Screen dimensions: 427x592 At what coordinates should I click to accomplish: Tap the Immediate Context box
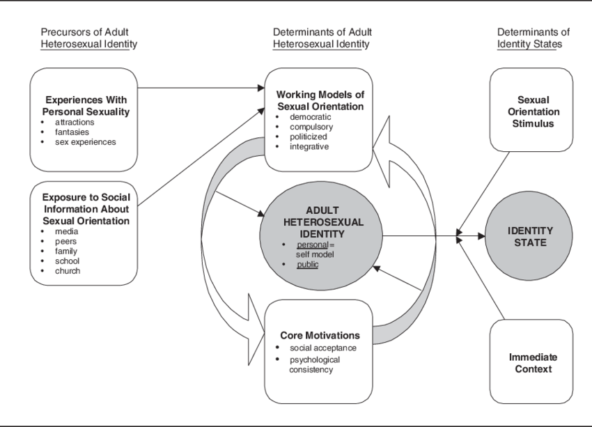[533, 363]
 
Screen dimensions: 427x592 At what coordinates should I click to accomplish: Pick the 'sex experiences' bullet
[86, 142]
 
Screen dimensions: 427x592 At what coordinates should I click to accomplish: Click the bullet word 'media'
[67, 231]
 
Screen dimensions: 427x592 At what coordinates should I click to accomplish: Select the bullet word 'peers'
[67, 241]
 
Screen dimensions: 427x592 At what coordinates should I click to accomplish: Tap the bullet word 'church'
[68, 270]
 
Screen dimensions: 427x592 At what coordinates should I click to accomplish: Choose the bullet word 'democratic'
[311, 117]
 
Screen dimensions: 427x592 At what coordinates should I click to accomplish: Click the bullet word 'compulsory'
[311, 127]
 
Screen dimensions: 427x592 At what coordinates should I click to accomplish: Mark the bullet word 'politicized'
[309, 137]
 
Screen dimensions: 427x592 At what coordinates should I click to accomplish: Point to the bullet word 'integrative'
[309, 146]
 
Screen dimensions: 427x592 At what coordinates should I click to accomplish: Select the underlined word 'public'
[307, 265]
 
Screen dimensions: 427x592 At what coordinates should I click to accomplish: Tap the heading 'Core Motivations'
[320, 335]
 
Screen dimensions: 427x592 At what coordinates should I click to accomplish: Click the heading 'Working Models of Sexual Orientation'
[320, 100]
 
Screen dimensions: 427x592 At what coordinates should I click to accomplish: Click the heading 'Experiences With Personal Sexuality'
[87, 105]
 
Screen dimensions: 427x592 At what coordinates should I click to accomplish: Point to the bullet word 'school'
[68, 261]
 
